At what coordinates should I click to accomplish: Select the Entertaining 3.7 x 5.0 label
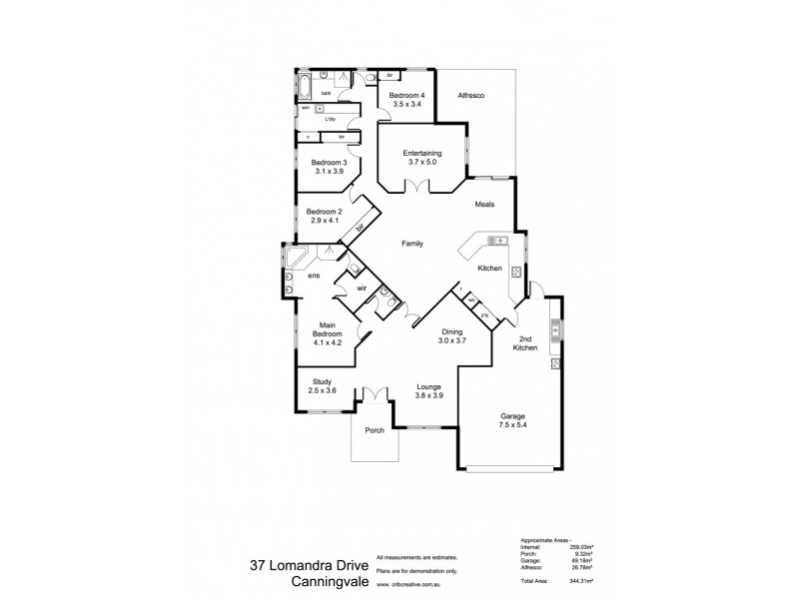point(423,157)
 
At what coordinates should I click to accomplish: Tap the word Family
point(412,244)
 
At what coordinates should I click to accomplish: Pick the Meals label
point(485,204)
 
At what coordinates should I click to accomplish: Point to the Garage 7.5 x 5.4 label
point(513,419)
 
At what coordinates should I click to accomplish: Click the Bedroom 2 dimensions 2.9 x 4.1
point(325,219)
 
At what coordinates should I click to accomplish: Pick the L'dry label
point(330,118)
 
